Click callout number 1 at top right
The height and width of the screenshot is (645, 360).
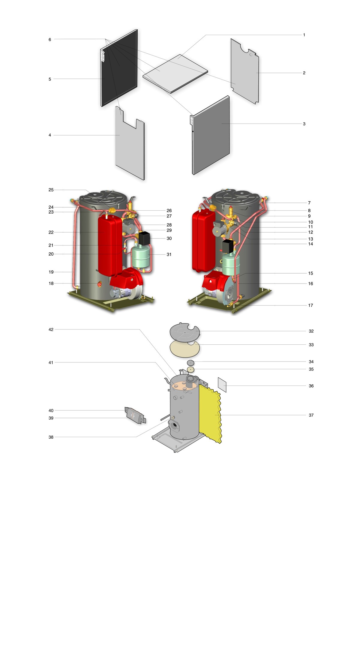(x=304, y=35)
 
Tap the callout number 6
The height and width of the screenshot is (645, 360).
(x=50, y=40)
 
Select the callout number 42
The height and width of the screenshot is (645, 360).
(x=51, y=329)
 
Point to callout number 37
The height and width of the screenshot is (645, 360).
(x=311, y=415)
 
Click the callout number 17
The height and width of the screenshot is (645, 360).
(x=310, y=305)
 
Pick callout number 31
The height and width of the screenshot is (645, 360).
(x=169, y=254)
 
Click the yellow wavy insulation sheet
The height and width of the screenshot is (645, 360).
(x=210, y=414)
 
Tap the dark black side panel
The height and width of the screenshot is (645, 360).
(x=119, y=68)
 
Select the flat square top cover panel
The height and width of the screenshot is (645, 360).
(x=175, y=74)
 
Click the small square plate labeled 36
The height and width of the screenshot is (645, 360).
(x=222, y=385)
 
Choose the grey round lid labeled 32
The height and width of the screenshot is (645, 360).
(x=184, y=332)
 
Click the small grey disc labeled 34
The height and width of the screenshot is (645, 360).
(x=190, y=363)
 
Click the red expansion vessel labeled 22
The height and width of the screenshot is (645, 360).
(x=110, y=244)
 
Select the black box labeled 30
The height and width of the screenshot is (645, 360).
(x=144, y=238)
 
